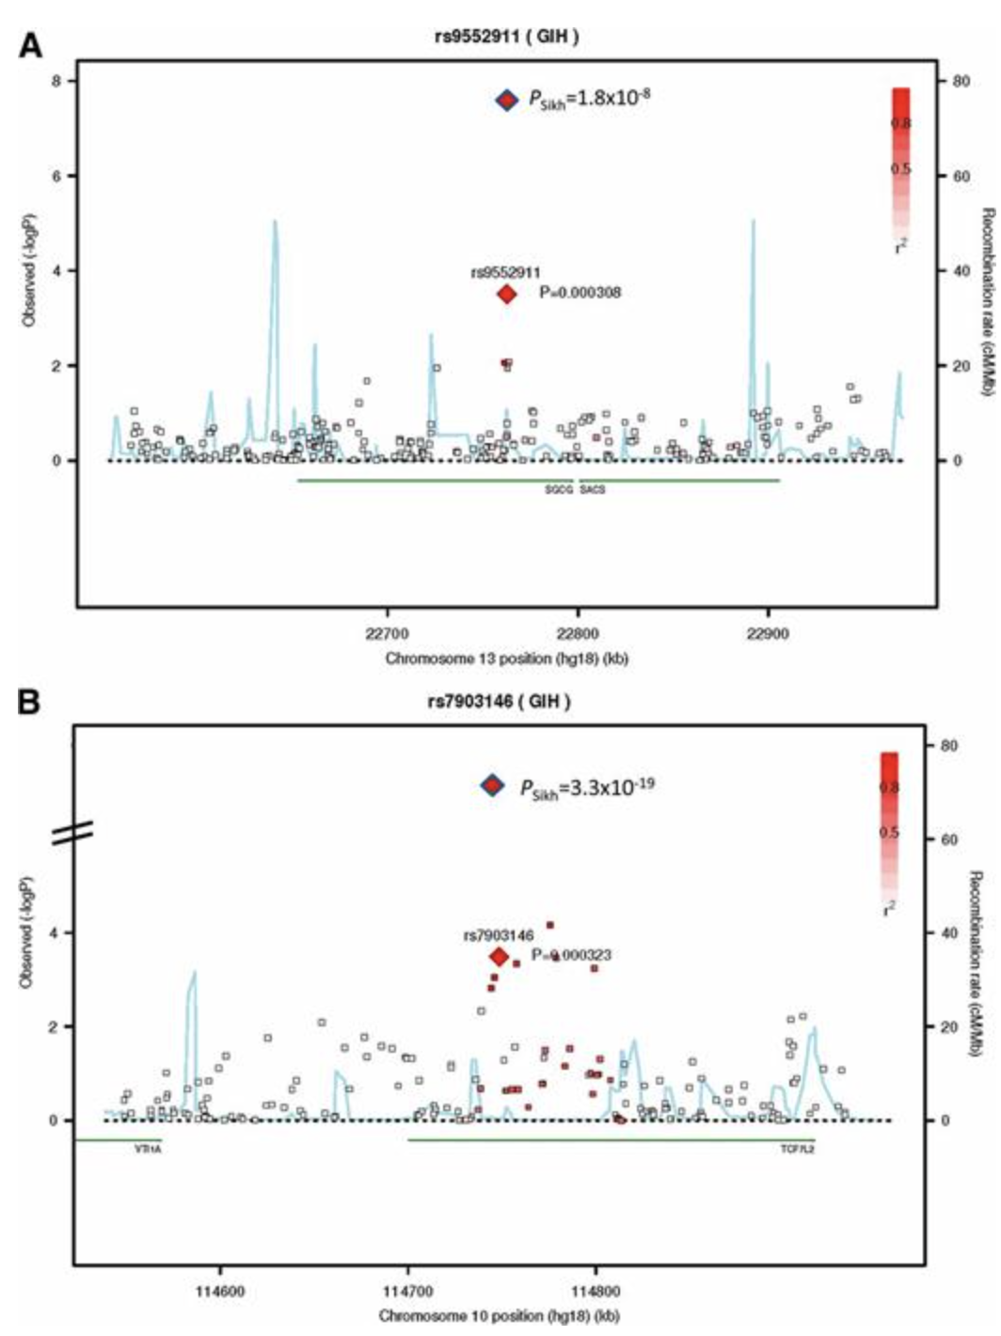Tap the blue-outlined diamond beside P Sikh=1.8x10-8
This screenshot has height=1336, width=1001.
(506, 100)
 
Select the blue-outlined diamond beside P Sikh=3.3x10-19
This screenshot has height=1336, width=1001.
(492, 786)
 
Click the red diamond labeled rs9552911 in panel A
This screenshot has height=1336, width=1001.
(506, 294)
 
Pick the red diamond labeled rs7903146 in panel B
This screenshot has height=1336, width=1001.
(500, 957)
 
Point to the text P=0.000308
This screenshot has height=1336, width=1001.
(580, 293)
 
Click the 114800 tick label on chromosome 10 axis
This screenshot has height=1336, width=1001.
(596, 1291)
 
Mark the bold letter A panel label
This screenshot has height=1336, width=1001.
(31, 44)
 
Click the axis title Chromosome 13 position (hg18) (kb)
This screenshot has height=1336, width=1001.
(506, 659)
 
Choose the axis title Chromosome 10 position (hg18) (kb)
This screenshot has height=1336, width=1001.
(499, 1315)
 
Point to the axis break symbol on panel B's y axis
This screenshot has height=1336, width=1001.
(72, 832)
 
